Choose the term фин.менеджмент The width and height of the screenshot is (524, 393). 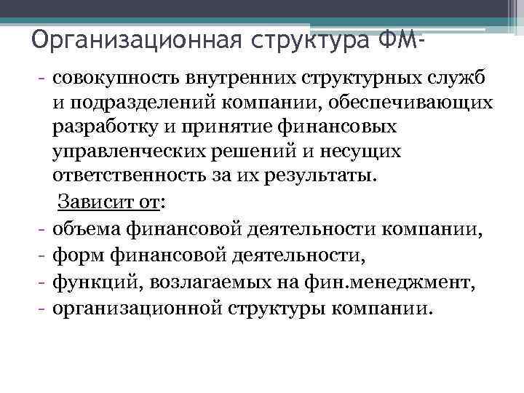[x=384, y=282]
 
